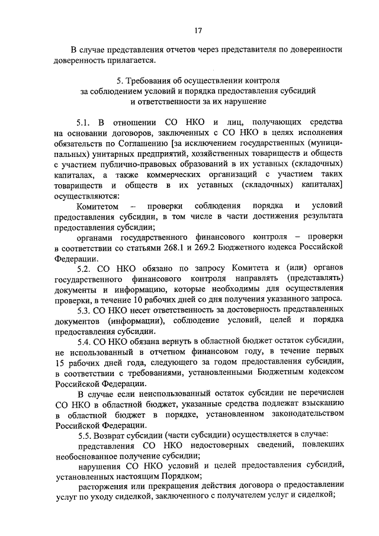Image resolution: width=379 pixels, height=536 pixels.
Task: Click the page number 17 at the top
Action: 198,30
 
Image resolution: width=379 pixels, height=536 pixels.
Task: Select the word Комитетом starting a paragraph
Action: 98,206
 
